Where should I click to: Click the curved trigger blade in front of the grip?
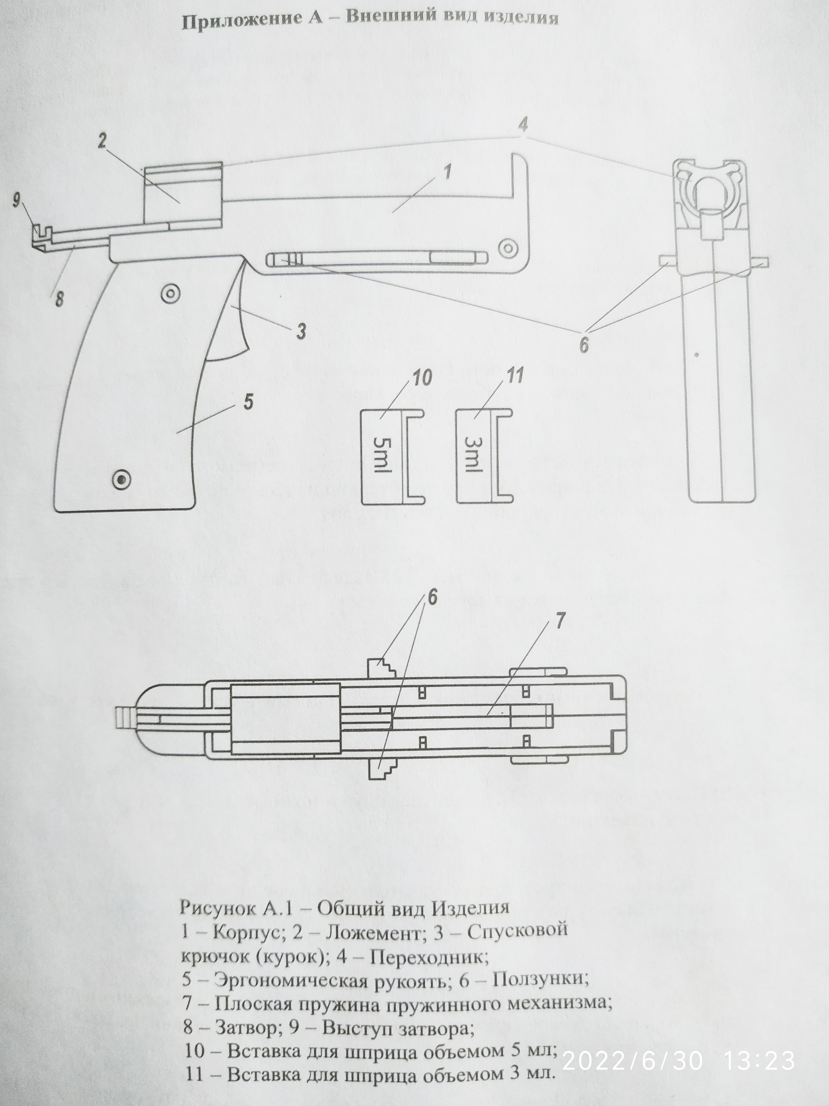(235, 320)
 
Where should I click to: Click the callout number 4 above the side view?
(523, 125)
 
